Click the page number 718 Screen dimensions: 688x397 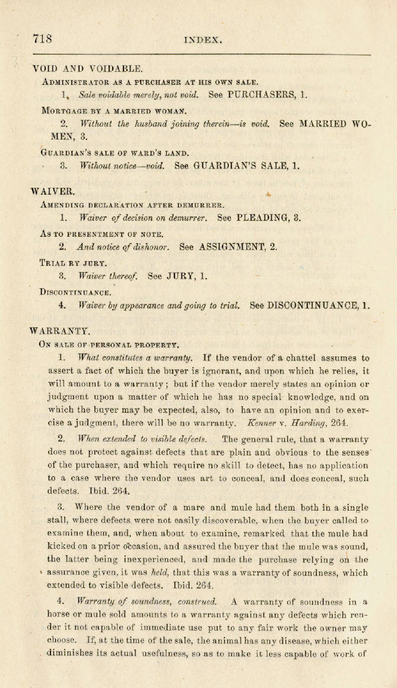coord(43,40)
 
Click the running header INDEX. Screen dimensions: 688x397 coord(203,41)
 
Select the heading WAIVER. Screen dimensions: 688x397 coord(53,191)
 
